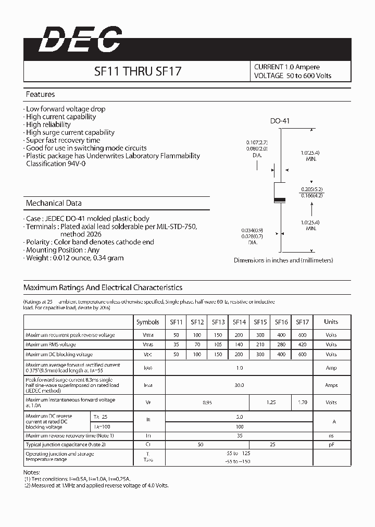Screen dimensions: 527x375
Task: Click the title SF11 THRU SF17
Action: tap(137, 71)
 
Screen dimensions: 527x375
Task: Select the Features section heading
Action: tap(40, 95)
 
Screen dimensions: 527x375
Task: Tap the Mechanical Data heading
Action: tap(54, 203)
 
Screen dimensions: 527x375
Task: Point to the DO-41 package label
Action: tap(280, 121)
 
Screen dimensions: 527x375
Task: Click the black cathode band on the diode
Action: tap(280, 200)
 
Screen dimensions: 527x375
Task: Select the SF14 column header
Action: tap(239, 322)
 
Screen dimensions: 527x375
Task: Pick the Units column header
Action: tap(331, 322)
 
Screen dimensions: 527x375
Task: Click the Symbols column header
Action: tap(148, 322)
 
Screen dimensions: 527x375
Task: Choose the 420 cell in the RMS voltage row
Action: tap(302, 345)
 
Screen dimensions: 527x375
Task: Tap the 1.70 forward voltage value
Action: tap(302, 402)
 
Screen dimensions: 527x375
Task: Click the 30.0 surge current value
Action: tap(239, 385)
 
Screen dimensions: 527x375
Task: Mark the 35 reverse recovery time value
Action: tap(239, 435)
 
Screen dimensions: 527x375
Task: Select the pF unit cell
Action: tap(331, 445)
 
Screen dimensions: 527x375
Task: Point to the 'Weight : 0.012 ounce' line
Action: tap(74, 258)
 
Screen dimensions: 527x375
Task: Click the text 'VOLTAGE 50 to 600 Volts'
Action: tap(292, 76)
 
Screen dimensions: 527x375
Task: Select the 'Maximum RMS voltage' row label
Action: tap(51, 345)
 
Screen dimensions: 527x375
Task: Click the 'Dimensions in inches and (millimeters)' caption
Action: tap(283, 260)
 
